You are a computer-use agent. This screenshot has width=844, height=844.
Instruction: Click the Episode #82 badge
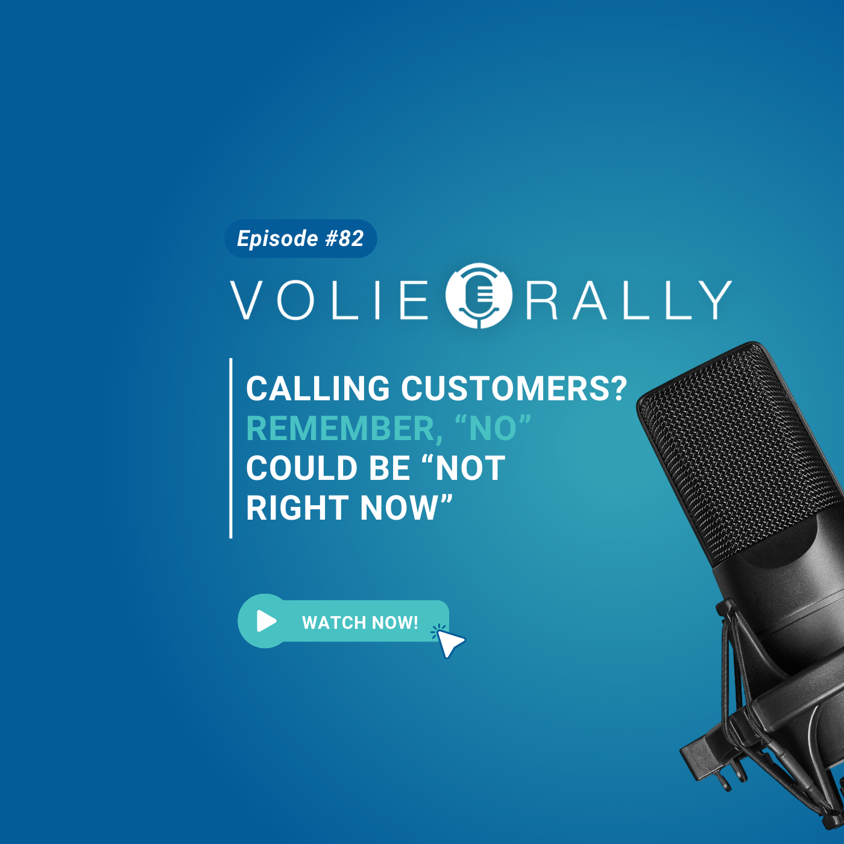(300, 238)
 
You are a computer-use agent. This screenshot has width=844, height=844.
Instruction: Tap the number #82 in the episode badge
(344, 238)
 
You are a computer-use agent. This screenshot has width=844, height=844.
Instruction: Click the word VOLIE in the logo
(329, 300)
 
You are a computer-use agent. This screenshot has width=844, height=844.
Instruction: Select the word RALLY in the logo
(629, 300)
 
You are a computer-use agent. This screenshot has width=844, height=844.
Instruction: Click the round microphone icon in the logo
(479, 295)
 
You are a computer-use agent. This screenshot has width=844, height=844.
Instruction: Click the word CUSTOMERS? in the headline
(514, 388)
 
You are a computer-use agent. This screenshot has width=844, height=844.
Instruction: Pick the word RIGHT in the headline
(297, 508)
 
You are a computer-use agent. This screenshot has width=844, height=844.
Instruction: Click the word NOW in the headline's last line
(399, 508)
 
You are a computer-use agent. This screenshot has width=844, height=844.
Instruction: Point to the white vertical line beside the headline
(231, 448)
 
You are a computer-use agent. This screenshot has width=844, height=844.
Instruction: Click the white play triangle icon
(266, 621)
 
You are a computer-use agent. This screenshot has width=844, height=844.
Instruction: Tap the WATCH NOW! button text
(360, 622)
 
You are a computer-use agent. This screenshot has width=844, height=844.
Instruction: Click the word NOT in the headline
(470, 468)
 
